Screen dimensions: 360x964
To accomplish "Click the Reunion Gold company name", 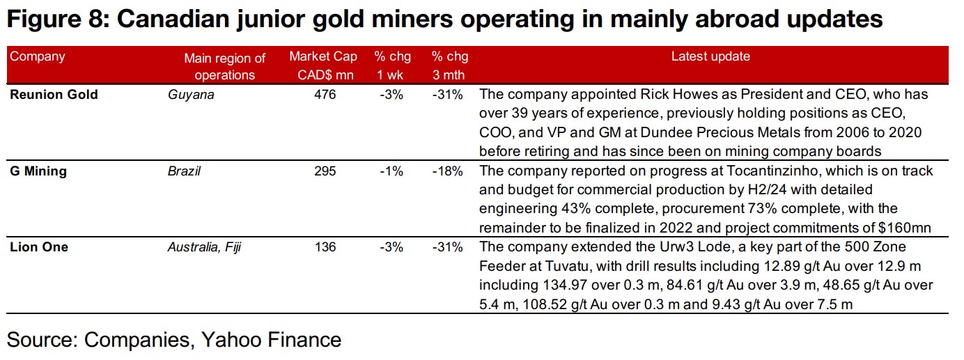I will pyautogui.click(x=54, y=95).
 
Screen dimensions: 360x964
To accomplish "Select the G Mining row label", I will pyautogui.click(x=38, y=171).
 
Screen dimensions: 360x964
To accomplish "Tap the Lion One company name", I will pyautogui.click(x=39, y=247).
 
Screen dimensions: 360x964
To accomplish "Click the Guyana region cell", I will pyautogui.click(x=191, y=95).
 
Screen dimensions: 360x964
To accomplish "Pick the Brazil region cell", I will pyautogui.click(x=184, y=171).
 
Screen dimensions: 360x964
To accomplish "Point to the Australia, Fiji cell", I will pyautogui.click(x=204, y=247).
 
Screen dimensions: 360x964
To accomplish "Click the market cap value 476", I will pyautogui.click(x=325, y=95).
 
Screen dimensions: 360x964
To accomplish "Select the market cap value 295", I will pyautogui.click(x=325, y=171).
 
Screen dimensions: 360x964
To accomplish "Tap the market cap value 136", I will pyautogui.click(x=325, y=247).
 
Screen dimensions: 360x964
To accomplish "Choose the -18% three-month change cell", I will pyautogui.click(x=447, y=171).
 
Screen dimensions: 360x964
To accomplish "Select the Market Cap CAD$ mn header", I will pyautogui.click(x=323, y=65).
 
